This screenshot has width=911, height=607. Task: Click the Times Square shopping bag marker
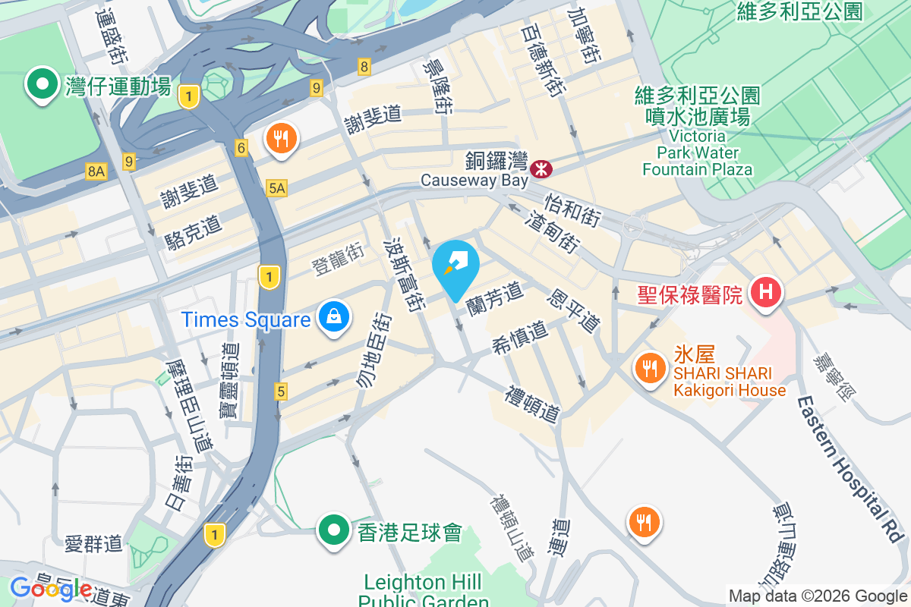(x=334, y=316)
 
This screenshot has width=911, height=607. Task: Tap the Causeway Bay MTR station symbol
(x=541, y=168)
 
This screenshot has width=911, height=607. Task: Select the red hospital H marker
(x=764, y=292)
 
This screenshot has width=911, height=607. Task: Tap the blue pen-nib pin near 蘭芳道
(x=455, y=266)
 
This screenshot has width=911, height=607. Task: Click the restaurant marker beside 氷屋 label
(x=648, y=369)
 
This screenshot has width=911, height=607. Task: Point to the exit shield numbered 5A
(x=277, y=187)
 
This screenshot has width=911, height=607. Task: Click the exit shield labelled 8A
(x=96, y=171)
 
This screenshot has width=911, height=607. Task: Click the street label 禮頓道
(x=534, y=404)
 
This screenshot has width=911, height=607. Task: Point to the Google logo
(x=51, y=589)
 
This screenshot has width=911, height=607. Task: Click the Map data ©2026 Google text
(x=818, y=596)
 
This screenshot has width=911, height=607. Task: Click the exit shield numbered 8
(x=365, y=68)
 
